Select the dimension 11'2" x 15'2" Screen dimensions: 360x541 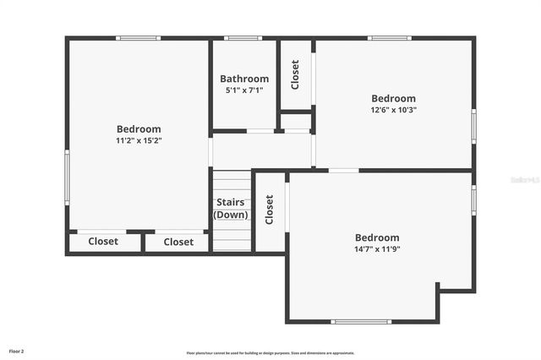click(139, 140)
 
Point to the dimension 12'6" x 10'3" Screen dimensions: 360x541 click(393, 109)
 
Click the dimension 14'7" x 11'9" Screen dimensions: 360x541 click(377, 248)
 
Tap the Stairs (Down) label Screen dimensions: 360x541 click(231, 208)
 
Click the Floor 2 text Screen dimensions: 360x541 click(17, 351)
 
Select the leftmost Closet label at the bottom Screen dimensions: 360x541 click(103, 242)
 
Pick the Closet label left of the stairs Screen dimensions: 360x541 click(178, 242)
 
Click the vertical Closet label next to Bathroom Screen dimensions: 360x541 click(295, 74)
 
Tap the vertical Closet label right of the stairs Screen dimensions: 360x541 click(270, 210)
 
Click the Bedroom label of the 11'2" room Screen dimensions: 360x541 click(139, 129)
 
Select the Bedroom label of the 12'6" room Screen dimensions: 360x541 click(393, 98)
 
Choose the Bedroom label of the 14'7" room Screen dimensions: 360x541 click(377, 237)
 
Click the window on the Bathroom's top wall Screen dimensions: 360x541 click(243, 38)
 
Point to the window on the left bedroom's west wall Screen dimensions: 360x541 click(67, 177)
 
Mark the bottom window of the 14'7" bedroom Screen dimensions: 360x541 click(361, 321)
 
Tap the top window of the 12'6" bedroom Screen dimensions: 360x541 click(390, 38)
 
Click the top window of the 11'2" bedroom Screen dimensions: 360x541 click(138, 38)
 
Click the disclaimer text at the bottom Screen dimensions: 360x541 click(270, 352)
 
